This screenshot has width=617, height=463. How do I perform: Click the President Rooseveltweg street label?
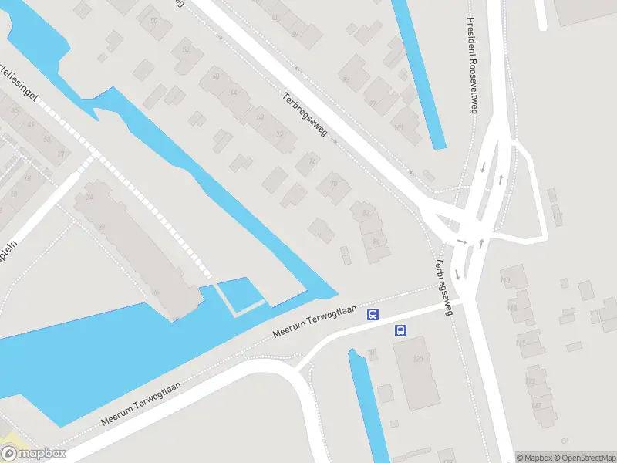point(471,65)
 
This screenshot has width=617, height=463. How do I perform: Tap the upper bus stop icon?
point(373,314)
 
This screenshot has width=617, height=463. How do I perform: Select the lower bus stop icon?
point(400,330)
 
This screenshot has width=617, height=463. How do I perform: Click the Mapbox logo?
point(34,454)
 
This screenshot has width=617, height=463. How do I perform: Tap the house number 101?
point(399,127)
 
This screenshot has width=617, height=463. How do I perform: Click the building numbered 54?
point(184,50)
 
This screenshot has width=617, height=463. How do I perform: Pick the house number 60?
point(215,76)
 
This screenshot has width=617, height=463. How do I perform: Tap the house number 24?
point(90,198)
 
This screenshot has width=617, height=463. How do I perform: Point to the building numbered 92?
point(346,79)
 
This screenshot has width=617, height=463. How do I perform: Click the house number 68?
point(260,117)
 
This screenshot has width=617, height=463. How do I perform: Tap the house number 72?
point(279,135)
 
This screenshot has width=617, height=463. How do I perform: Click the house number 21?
point(59,154)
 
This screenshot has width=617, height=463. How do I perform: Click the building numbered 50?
point(154,21)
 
